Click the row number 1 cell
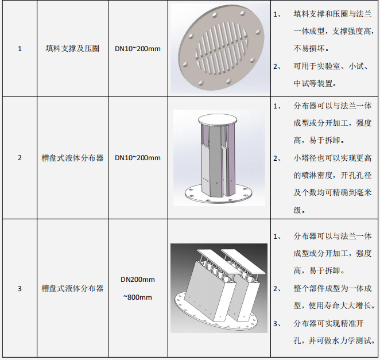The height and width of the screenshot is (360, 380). pyautogui.click(x=20, y=49)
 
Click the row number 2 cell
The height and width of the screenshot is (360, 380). pyautogui.click(x=20, y=158)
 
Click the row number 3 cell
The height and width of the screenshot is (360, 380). pyautogui.click(x=20, y=288)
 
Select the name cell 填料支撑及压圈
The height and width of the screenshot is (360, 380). pyautogui.click(x=72, y=48)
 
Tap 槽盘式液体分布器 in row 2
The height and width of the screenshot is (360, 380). pyautogui.click(x=72, y=158)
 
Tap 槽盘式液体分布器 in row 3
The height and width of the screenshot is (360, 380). pyautogui.click(x=72, y=288)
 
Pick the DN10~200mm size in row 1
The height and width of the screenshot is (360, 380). pyautogui.click(x=138, y=49)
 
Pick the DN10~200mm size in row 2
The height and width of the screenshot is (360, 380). pyautogui.click(x=138, y=158)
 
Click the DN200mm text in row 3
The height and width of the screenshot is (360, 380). pyautogui.click(x=138, y=280)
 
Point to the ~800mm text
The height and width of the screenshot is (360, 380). pyautogui.click(x=138, y=297)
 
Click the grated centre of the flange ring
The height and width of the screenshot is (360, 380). pyautogui.click(x=222, y=48)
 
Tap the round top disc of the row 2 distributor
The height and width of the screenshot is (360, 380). pyautogui.click(x=218, y=119)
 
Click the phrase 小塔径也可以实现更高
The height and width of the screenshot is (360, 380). pyautogui.click(x=332, y=158)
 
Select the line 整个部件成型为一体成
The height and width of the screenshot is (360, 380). pyautogui.click(x=332, y=288)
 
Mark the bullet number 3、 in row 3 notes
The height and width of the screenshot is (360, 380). pyautogui.click(x=277, y=323)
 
